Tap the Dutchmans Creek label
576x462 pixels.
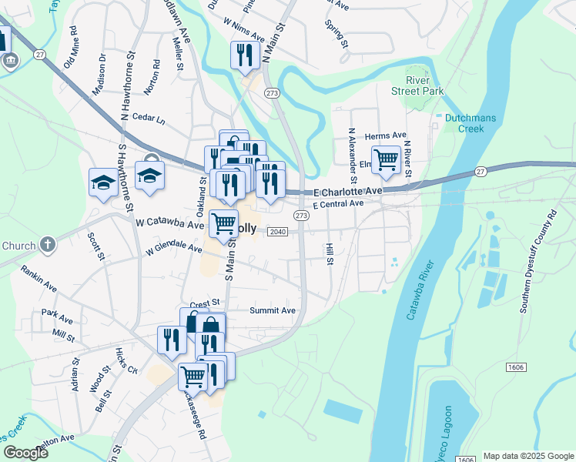click(464, 124)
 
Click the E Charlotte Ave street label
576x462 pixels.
click(347, 191)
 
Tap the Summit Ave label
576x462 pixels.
click(273, 310)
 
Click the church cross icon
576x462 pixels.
click(48, 246)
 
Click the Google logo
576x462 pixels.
click(25, 452)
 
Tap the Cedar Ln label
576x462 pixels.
click(149, 120)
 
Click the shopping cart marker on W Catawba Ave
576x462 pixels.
click(223, 224)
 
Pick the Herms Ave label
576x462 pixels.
click(385, 135)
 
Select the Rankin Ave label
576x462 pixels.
click(39, 280)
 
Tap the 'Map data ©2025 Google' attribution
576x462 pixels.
click(527, 456)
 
